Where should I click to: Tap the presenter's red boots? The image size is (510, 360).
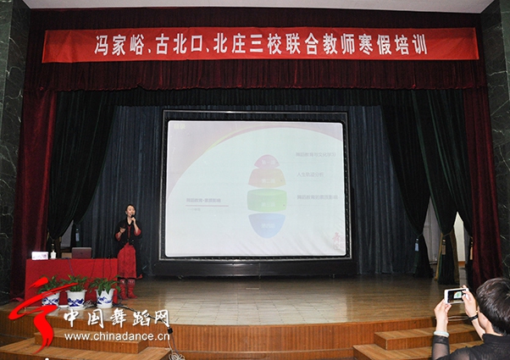[129, 289]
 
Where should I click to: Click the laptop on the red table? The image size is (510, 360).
[82, 252]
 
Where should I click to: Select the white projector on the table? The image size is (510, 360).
[40, 255]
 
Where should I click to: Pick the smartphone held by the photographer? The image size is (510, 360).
[455, 295]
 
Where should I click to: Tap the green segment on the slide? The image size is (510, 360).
[266, 201]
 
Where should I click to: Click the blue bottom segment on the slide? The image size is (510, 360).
[266, 224]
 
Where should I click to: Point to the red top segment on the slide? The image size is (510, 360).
[266, 161]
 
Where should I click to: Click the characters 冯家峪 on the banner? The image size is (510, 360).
[119, 45]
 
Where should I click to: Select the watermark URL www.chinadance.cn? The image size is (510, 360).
[117, 336]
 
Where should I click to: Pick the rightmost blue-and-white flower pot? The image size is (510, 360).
[105, 296]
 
